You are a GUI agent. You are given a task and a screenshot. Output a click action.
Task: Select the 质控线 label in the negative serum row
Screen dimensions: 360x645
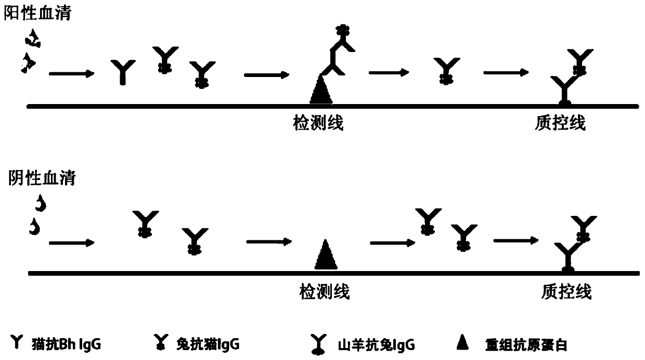(x=566, y=291)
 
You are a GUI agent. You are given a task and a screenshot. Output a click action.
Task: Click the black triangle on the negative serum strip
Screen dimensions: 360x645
(x=326, y=254)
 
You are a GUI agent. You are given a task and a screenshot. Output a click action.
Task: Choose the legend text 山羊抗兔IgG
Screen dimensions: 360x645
(x=370, y=344)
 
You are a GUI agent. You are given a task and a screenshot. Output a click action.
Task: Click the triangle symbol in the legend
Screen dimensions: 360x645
(x=461, y=343)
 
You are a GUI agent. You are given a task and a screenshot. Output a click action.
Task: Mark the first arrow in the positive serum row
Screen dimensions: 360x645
(x=71, y=74)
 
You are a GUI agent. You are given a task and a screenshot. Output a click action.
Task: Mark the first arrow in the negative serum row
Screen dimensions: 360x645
(x=71, y=242)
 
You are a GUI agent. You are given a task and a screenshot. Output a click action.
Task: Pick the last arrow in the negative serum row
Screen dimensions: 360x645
(x=515, y=240)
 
